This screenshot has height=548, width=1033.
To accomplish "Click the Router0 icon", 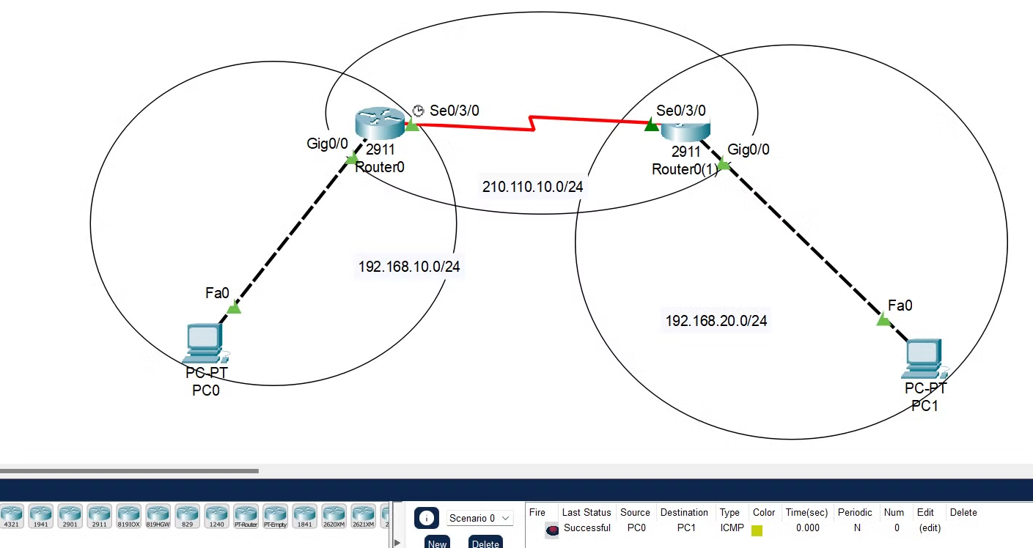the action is coord(379,122).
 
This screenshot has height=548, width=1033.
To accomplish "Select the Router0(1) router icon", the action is coord(685,130).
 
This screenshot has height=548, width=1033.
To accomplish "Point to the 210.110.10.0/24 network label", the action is coord(533,187).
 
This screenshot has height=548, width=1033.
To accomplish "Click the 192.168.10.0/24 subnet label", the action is coord(409,267).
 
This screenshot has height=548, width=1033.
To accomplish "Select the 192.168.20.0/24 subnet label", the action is coord(716,320).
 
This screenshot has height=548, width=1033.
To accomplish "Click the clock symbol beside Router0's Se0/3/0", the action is coord(418,110).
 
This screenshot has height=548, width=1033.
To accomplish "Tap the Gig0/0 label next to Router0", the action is coord(327,144).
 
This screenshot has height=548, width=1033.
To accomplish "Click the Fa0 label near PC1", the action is coord(900,305).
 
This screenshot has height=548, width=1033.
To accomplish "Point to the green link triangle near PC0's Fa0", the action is coord(234,308).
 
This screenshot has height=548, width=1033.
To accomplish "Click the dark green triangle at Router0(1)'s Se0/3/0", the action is coord(651,125).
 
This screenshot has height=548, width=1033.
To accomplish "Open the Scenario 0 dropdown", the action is coord(479,518).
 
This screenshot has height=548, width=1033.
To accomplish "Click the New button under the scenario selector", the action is coord(438,543).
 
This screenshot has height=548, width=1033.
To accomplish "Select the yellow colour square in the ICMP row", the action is coord(757,530).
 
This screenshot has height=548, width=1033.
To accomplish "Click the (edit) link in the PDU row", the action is coord(930,527).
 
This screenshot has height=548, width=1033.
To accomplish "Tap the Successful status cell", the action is coord(587,527).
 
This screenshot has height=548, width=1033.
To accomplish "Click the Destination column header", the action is coord(684,512).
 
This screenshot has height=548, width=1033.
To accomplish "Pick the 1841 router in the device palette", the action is coord(304,516).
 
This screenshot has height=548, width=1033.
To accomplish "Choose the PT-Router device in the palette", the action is coord(246,516).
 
